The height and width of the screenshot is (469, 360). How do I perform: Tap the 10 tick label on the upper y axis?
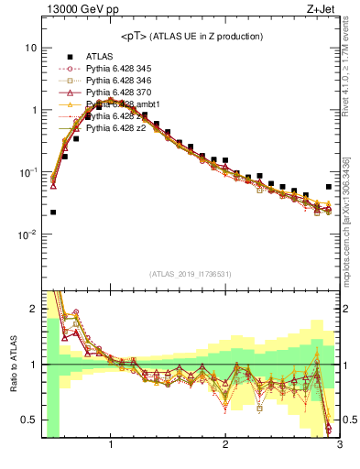tap(30, 48)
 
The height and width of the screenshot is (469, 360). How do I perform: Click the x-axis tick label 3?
tap(339, 445)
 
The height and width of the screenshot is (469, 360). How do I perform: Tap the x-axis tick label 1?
tap(111, 445)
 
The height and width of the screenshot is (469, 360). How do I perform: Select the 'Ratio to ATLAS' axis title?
tap(12, 365)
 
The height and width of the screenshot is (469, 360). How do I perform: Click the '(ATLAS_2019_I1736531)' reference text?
tap(191, 273)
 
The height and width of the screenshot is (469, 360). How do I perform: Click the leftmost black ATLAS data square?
tap(53, 212)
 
